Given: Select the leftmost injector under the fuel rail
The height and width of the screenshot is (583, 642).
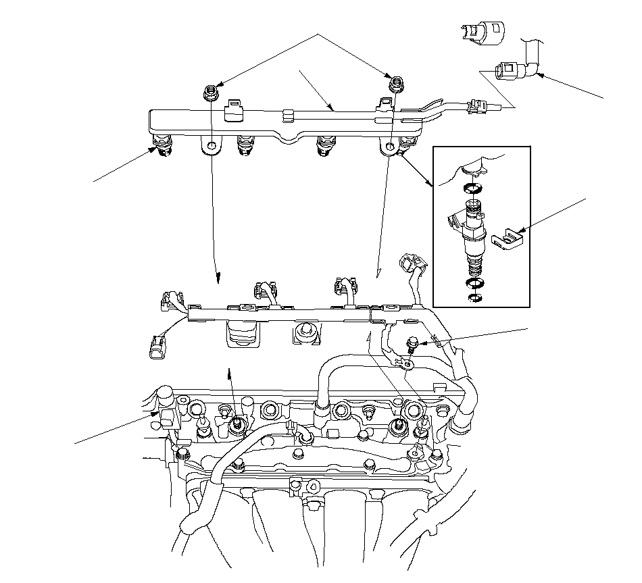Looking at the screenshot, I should click(162, 145).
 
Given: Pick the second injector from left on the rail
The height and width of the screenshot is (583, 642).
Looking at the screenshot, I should click(246, 145).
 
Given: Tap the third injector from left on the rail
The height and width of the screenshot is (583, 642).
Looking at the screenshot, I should click(326, 145).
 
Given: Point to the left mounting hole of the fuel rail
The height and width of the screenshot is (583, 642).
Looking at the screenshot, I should click(212, 146).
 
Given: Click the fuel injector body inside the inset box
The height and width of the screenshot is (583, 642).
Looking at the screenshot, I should click(472, 230).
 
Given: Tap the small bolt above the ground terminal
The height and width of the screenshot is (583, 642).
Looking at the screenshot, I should click(410, 346).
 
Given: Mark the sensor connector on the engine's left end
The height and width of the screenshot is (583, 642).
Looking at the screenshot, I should click(166, 416).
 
